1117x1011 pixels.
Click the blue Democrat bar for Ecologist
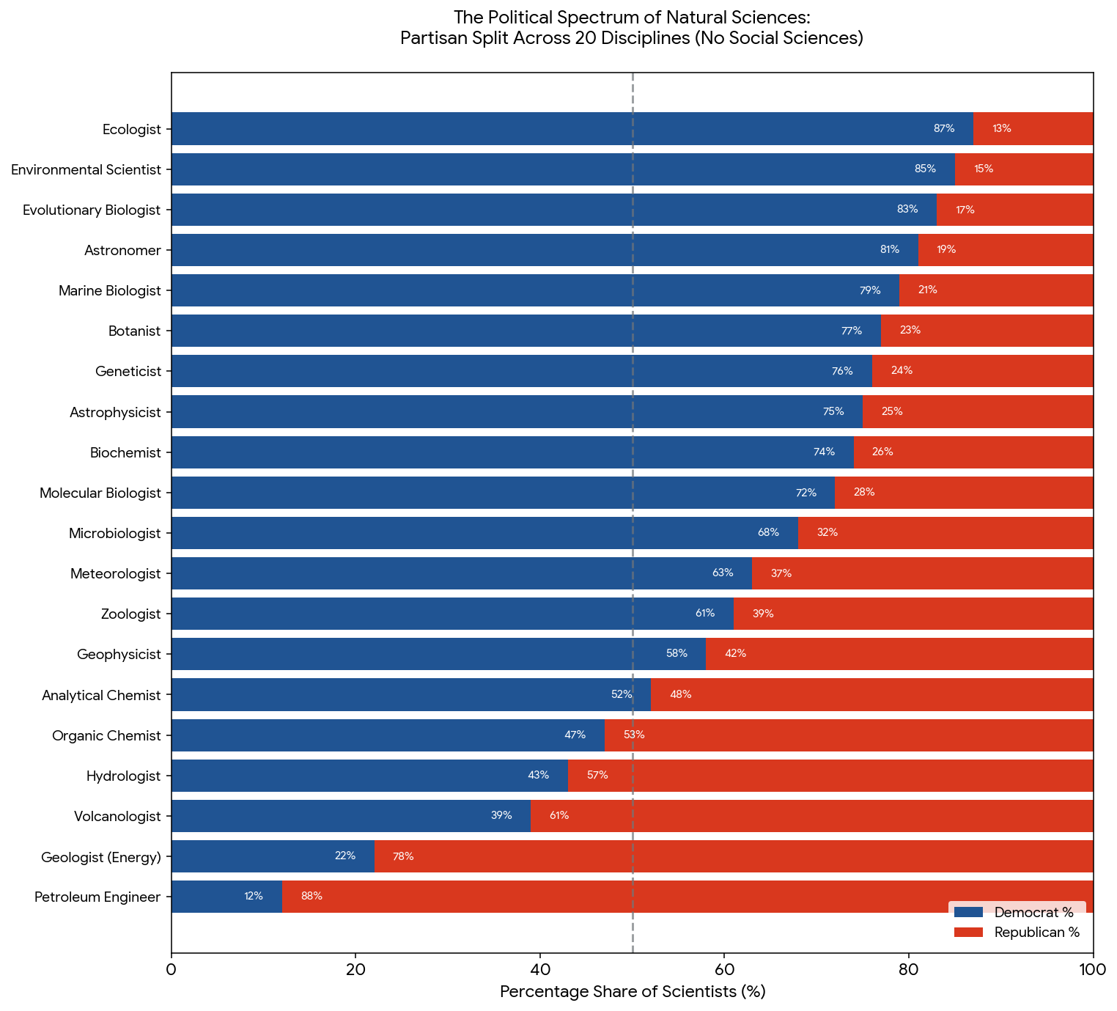[572, 129]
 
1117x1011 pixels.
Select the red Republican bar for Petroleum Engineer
[687, 896]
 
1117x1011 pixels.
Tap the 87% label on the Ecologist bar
[944, 129]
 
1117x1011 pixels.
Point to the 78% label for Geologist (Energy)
[403, 856]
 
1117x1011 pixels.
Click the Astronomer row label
[122, 251]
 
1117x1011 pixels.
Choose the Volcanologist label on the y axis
[117, 817]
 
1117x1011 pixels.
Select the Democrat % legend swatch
[968, 913]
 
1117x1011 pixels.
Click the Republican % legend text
[1037, 933]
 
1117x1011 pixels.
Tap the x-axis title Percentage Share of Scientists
[633, 992]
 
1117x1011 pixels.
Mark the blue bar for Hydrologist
[369, 776]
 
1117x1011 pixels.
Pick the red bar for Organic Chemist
[849, 735]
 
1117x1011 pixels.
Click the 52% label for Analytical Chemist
[622, 694]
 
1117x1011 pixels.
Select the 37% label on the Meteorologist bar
[781, 573]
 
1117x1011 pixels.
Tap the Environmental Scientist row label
[86, 169]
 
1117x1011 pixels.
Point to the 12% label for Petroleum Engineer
[254, 896]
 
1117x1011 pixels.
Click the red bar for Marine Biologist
[996, 290]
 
